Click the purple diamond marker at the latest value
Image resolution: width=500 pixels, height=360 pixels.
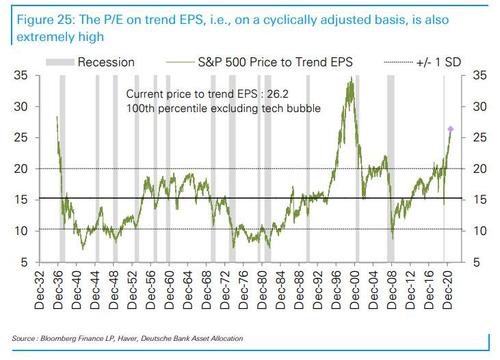point(450,129)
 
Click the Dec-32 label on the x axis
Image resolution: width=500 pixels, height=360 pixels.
point(47,290)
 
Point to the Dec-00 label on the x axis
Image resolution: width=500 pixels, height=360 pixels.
point(358,290)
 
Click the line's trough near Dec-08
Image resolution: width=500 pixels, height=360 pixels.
point(392,238)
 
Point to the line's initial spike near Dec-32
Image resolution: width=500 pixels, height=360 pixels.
point(56,117)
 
